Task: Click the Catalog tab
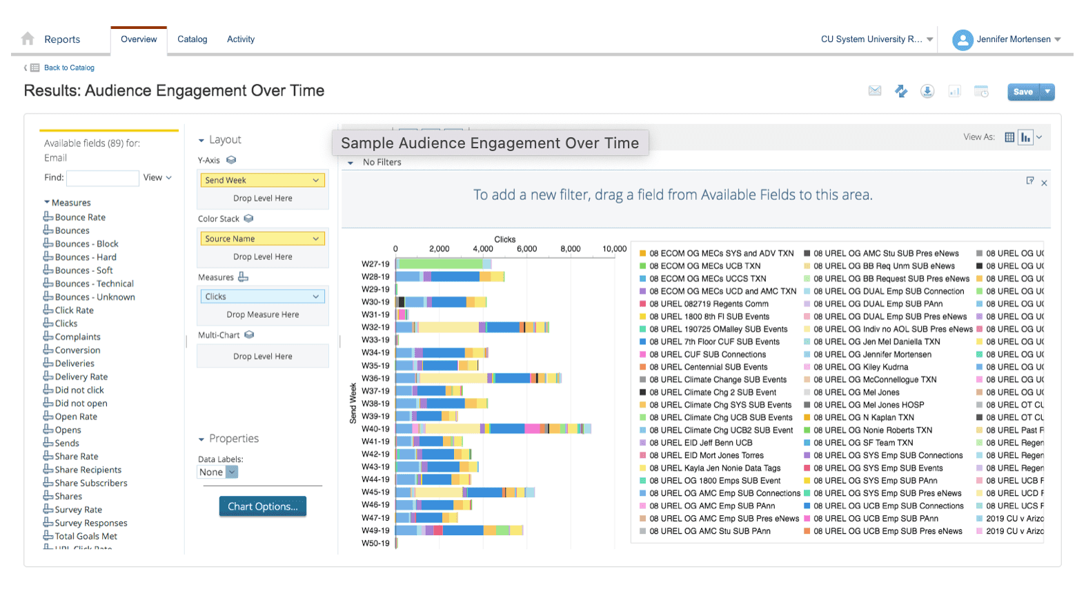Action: click(x=192, y=39)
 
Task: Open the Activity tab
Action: click(x=240, y=39)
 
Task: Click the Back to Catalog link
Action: click(x=68, y=68)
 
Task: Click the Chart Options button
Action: click(x=262, y=506)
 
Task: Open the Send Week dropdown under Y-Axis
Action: click(x=262, y=180)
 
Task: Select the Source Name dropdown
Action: click(x=262, y=239)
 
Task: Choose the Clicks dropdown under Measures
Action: click(x=262, y=297)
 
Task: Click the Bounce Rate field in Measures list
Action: click(x=80, y=217)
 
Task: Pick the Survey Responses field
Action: click(x=90, y=523)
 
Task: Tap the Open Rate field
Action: click(x=76, y=417)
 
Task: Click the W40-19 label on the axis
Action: click(x=375, y=429)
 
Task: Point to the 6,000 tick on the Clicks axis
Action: click(x=526, y=249)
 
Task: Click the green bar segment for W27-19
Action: click(x=440, y=264)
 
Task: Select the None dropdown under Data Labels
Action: click(x=217, y=472)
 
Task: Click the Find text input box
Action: click(x=102, y=178)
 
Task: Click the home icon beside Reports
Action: click(x=28, y=39)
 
